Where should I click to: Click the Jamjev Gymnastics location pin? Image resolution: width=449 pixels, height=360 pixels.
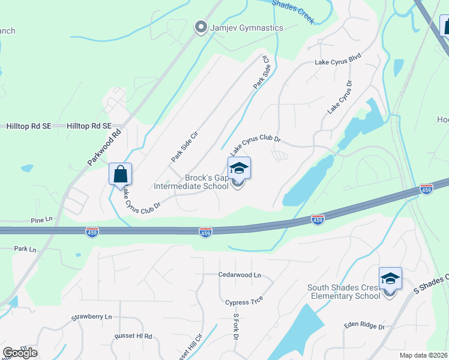pos(201,28)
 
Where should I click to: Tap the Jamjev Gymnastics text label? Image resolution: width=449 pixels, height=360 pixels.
pos(246,28)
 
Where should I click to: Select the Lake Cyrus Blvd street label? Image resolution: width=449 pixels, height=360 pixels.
pos(338,62)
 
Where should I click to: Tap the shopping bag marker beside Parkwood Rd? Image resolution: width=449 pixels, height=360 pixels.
pos(120,174)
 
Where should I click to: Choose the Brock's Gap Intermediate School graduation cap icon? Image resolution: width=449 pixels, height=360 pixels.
pos(238,169)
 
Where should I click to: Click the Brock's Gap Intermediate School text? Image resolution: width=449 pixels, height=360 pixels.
pos(191,182)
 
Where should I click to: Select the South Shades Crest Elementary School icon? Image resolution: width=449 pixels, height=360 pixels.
pos(390,279)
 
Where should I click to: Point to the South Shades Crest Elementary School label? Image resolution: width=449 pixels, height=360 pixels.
pos(344,292)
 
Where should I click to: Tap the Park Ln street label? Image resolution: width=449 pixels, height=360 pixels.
pos(25,248)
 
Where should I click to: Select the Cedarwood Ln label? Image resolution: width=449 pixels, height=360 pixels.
pos(240,275)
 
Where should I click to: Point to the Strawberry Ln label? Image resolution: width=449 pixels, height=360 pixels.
pos(92,317)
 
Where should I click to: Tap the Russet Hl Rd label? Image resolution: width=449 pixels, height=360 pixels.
pos(132,337)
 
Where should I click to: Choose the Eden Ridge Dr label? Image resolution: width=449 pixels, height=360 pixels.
pos(364,325)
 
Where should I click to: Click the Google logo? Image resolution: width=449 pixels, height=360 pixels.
pos(20,352)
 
